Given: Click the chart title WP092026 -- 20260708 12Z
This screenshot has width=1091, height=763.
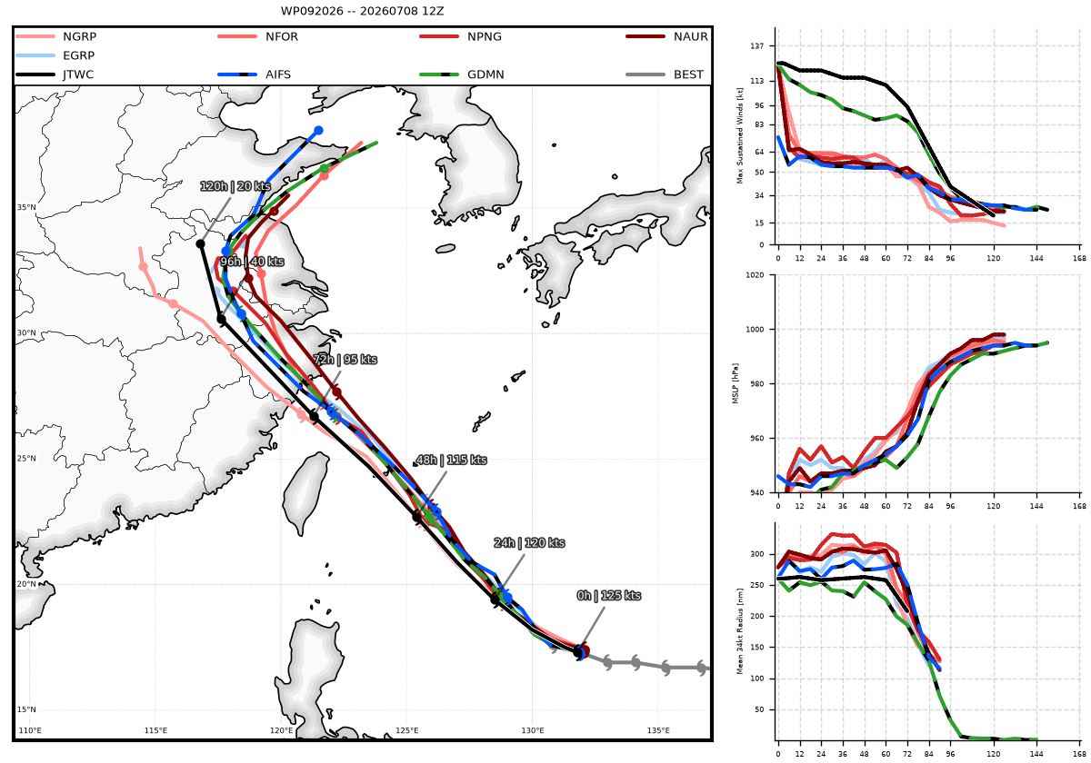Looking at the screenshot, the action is tap(362, 11).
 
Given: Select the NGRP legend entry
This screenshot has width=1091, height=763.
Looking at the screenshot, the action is tap(56, 36).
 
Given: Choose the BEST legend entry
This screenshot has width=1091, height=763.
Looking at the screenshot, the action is tap(665, 74).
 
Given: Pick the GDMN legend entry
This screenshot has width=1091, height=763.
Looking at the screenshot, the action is tap(462, 74).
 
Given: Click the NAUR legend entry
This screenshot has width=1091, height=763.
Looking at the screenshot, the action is tap(666, 36).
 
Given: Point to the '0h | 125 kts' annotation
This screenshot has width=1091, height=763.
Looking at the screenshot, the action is tap(609, 596).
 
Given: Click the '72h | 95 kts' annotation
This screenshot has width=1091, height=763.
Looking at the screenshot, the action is tap(345, 359).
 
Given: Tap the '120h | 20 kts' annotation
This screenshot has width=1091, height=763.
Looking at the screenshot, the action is tap(235, 186).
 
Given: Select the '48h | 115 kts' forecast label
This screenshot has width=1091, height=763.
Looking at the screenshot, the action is tap(452, 460).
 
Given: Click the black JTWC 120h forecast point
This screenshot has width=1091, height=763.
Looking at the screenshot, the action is tap(200, 243).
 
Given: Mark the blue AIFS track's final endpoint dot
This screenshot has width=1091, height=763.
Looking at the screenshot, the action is tap(318, 131).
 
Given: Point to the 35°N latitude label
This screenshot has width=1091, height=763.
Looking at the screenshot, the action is tap(26, 207).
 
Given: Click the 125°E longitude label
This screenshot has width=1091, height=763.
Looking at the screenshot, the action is tap(406, 730).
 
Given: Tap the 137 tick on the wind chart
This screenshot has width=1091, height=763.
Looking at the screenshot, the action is tap(757, 45).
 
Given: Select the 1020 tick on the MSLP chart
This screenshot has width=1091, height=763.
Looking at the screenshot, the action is tap(755, 275).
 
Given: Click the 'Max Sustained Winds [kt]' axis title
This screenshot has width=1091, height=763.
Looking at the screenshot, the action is tap(740, 135).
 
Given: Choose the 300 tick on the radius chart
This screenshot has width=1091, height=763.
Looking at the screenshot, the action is tap(757, 554).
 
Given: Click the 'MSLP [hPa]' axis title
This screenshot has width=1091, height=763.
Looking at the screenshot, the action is tap(736, 383).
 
